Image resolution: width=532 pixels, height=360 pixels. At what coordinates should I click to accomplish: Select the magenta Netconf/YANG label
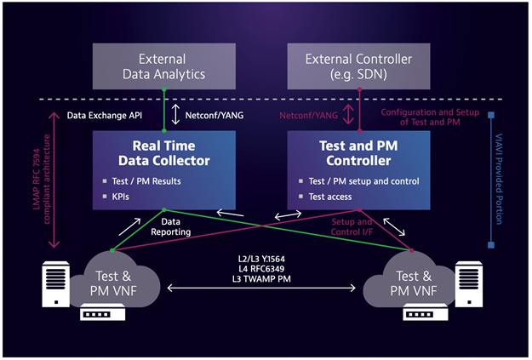click(308, 112)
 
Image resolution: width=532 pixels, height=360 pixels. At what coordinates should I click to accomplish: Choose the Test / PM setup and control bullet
click(360, 180)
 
